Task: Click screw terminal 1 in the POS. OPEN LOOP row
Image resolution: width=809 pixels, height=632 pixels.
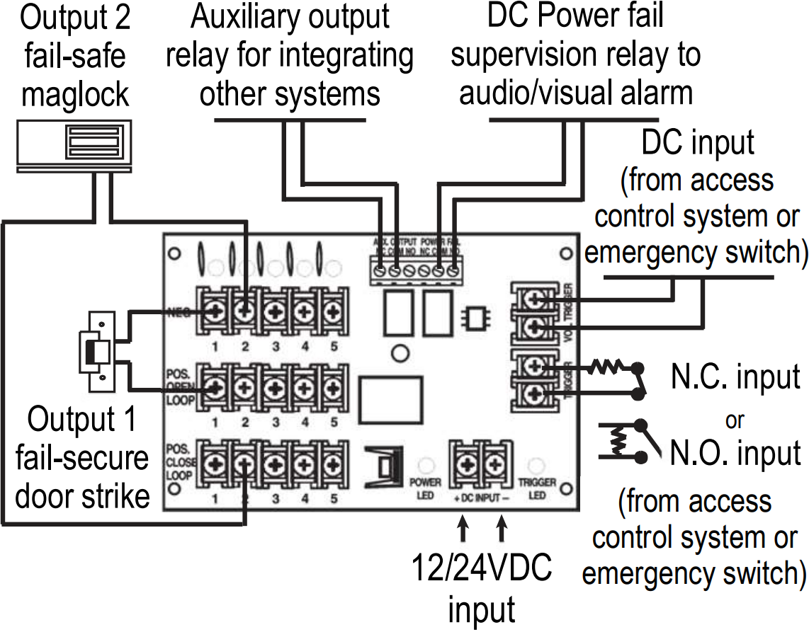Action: pos(213,386)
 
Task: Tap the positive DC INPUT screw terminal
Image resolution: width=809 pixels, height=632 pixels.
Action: pos(465,463)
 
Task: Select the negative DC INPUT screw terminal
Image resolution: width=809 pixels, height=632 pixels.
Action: pos(494,463)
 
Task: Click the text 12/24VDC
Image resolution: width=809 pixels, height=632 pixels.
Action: pos(482,568)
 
